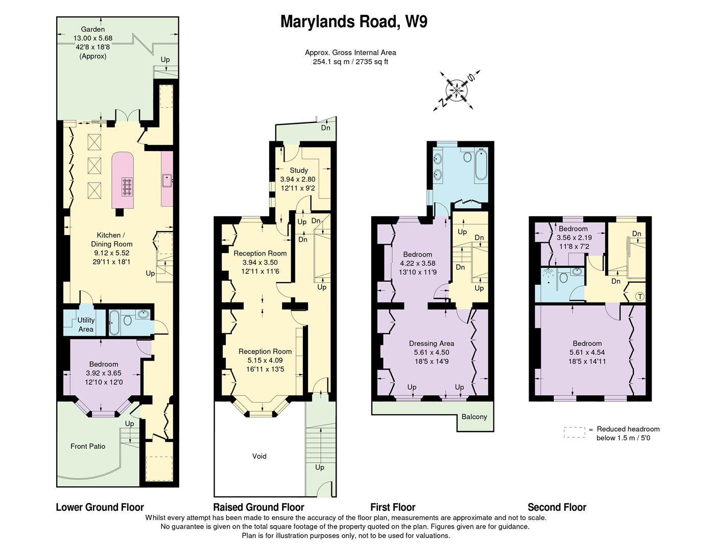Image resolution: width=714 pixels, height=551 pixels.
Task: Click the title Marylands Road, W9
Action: coord(353,22)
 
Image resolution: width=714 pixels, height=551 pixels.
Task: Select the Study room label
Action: coord(298,170)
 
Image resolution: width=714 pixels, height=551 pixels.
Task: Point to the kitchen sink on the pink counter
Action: coord(167,181)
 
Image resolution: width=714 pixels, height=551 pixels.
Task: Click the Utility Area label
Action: coord(86,324)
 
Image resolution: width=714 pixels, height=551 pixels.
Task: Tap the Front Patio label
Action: coord(88,446)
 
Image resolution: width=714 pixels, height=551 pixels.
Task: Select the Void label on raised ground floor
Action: coord(259,456)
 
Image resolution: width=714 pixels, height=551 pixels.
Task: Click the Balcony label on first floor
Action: coord(474,417)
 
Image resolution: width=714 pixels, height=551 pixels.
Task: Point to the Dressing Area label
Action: coord(432,343)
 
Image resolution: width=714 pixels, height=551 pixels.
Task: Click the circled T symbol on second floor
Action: coord(639,296)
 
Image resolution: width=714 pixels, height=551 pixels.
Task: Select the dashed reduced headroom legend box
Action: coord(574,433)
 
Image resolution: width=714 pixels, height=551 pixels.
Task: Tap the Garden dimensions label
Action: coord(92,43)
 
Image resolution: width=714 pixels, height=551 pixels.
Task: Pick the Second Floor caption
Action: coord(557,507)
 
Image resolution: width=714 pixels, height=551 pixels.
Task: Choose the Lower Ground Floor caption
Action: coord(100,507)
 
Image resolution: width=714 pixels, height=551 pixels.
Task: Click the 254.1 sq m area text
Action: coord(350,62)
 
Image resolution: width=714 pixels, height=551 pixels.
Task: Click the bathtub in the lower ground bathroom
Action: coord(114,322)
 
